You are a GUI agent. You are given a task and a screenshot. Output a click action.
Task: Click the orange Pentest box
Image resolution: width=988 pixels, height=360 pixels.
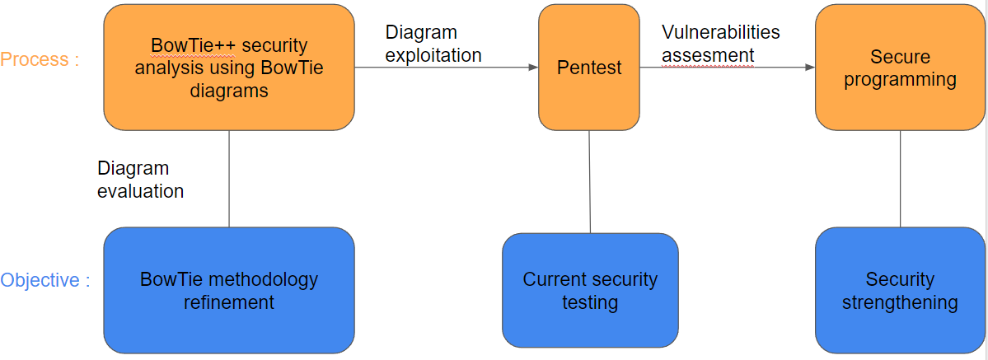[x=589, y=68]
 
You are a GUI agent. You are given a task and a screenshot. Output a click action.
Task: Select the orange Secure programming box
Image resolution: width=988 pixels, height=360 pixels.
[x=900, y=68]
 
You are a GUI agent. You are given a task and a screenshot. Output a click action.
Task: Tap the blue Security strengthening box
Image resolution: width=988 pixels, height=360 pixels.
[x=900, y=290]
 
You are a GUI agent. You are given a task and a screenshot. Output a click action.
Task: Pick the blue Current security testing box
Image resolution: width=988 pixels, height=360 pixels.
[x=590, y=290]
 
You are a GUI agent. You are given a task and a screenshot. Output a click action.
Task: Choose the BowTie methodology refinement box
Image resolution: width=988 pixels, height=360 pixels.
[x=229, y=290]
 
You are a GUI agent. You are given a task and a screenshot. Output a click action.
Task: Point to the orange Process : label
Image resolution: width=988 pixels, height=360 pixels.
[x=40, y=59]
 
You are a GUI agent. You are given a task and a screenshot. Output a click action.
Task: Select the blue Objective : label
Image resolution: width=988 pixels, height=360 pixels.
[x=45, y=280]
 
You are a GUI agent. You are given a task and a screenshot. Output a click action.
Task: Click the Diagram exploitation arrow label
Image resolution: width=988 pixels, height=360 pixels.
[x=433, y=44]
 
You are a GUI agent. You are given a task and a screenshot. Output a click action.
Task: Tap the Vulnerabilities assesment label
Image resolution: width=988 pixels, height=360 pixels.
[x=721, y=44]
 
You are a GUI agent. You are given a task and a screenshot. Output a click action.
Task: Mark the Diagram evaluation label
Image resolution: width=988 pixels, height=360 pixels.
[x=141, y=180]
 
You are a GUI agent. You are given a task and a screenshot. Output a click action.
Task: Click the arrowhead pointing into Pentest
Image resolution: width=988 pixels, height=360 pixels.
[x=534, y=67]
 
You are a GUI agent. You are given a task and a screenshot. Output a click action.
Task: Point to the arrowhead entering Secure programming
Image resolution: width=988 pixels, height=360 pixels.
[x=810, y=67]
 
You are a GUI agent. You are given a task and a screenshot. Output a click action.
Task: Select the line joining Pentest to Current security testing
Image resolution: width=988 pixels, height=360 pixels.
[x=590, y=181]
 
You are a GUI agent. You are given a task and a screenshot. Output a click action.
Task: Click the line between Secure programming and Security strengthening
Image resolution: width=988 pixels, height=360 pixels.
[x=900, y=179]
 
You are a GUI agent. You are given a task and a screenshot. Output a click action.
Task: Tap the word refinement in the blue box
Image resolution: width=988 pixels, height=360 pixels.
[x=229, y=302]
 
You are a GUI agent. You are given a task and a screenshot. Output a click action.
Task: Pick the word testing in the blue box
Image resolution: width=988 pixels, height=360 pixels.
[x=590, y=302]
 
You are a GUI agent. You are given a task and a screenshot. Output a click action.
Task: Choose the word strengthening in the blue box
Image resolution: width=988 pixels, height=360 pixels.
[x=900, y=302]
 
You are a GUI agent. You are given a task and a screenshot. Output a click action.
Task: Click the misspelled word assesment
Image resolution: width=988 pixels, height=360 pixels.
[x=708, y=55]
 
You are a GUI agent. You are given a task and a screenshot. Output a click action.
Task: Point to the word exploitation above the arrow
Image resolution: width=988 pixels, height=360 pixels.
[x=433, y=55]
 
